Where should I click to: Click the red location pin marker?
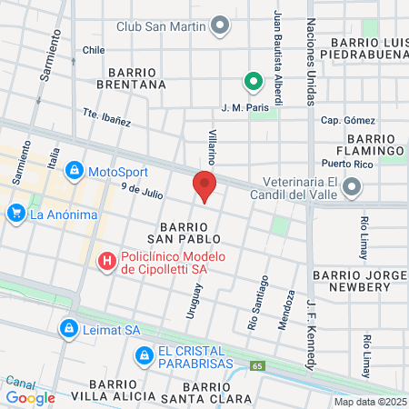[204, 186]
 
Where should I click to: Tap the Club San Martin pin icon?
[220, 25]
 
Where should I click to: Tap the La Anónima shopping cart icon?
[15, 214]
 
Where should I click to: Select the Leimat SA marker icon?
[68, 328]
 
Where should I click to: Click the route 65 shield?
[258, 365]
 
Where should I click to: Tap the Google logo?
[30, 397]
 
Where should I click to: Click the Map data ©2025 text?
[369, 402]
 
